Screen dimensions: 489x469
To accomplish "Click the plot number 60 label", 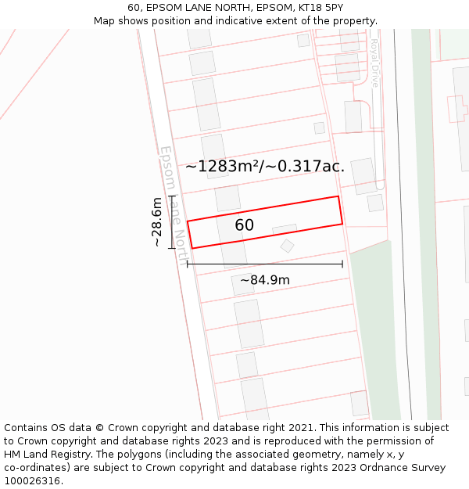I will tap(244, 225).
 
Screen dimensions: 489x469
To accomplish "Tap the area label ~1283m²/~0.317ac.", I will tap(265, 166).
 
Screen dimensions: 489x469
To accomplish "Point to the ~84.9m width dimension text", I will tap(264, 280).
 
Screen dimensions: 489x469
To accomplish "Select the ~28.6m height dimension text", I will tap(157, 222).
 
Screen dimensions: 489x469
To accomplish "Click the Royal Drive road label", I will tap(374, 63).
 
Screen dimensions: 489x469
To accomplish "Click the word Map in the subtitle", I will tap(105, 21).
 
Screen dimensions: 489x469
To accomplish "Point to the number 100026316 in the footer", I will tap(32, 481).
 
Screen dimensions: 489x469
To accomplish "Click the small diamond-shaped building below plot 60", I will tap(287, 246).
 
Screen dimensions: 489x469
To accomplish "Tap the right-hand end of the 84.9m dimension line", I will tap(342, 264).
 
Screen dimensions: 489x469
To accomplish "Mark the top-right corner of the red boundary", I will tap(338, 196).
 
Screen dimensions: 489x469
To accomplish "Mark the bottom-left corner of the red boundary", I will tap(192, 249).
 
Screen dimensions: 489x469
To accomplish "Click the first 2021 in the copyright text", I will tap(301, 428).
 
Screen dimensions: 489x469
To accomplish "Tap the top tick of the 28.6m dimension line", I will tap(172, 196).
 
